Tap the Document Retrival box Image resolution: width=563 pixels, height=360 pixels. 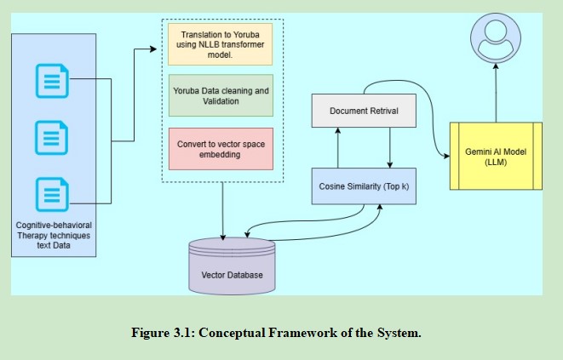click(365, 111)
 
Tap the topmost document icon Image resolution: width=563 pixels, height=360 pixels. click(51, 83)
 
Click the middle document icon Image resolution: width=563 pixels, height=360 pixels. click(51, 137)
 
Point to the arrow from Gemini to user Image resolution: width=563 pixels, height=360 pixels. click(497, 94)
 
